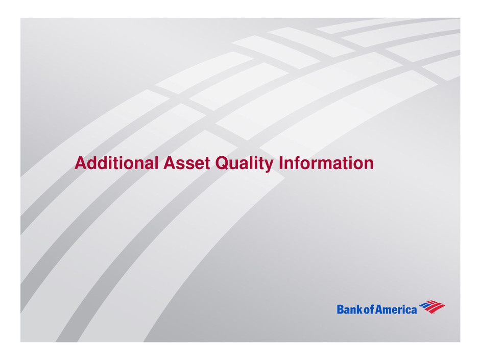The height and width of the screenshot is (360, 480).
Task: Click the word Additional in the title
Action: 116,163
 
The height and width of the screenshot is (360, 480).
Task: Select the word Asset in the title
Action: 186,163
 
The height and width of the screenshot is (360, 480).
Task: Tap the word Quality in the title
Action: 244,164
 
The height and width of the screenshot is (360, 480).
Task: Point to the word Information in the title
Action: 326,163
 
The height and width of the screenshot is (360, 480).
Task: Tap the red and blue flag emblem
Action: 432,307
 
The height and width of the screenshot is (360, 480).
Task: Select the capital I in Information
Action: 281,163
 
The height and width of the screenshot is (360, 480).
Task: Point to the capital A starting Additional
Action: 81,163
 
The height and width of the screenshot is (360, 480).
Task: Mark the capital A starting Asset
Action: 170,163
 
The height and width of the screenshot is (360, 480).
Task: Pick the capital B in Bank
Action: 341,309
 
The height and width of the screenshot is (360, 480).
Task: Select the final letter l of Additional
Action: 156,163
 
